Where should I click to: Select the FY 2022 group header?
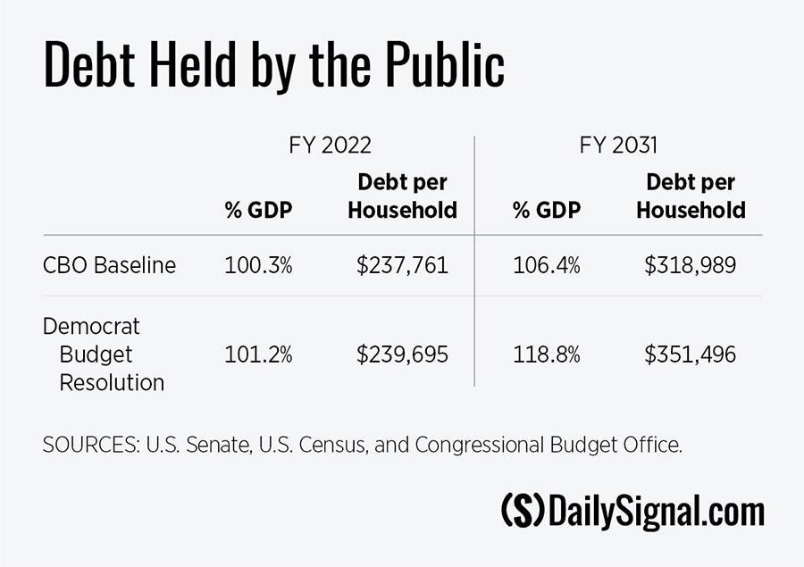[x=330, y=146]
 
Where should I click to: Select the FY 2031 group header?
[x=618, y=146]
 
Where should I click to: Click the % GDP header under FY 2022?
[x=258, y=211]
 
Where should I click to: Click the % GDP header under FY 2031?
[x=546, y=211]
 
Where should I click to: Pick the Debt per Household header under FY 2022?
[x=402, y=196]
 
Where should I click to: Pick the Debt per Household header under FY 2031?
[x=691, y=196]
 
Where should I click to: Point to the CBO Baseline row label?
[x=109, y=265]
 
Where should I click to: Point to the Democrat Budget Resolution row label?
[x=104, y=354]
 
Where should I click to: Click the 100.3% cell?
[x=258, y=265]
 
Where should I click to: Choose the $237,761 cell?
[x=402, y=265]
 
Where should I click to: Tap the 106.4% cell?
[x=546, y=265]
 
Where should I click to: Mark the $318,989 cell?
[x=691, y=265]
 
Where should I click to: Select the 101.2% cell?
[x=258, y=354]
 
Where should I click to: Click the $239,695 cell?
[x=402, y=354]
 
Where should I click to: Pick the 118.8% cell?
[x=546, y=354]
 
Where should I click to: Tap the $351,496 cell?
[x=691, y=354]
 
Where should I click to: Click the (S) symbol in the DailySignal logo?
[x=523, y=512]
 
